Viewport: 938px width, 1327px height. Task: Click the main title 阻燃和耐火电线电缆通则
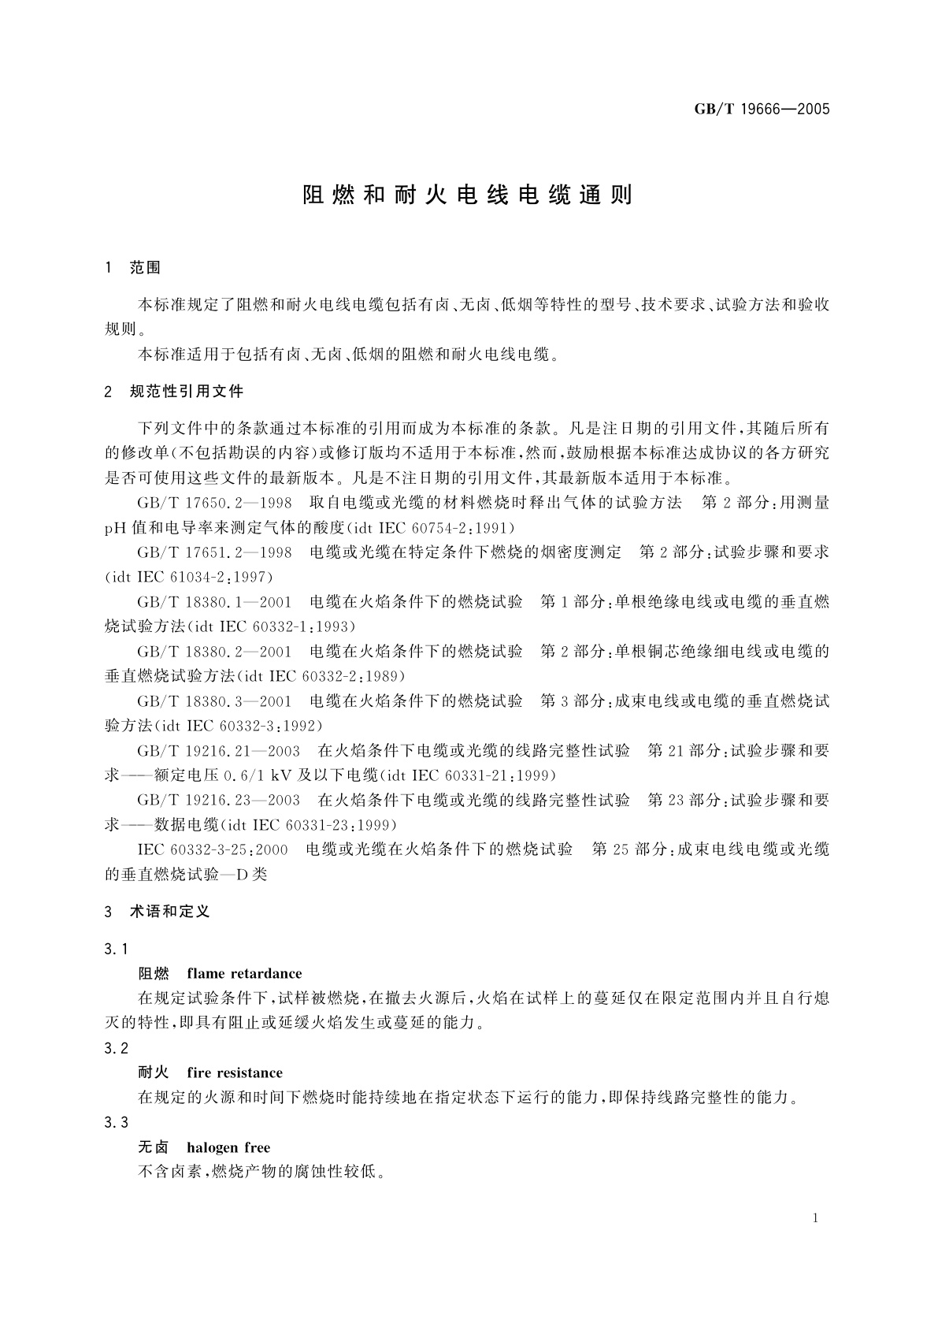(x=468, y=195)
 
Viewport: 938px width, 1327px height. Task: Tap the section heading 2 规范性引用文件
(x=174, y=392)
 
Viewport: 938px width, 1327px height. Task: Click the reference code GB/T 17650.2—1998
(x=214, y=503)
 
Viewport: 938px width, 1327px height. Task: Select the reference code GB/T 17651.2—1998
(x=214, y=552)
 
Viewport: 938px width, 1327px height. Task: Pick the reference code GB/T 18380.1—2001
(x=214, y=602)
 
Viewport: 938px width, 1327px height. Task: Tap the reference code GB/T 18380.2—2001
(x=214, y=652)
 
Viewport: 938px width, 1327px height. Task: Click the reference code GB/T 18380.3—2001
(x=214, y=701)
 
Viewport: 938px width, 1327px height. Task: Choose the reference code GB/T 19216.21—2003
(x=218, y=751)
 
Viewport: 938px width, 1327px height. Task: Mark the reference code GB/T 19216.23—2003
(x=218, y=801)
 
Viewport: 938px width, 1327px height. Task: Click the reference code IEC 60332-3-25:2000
(x=213, y=850)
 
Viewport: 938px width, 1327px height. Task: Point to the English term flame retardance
(x=244, y=974)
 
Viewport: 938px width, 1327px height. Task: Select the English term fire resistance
(x=235, y=1073)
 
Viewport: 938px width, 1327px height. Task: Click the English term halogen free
(x=228, y=1148)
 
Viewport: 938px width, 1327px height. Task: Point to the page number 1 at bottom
(x=815, y=1218)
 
